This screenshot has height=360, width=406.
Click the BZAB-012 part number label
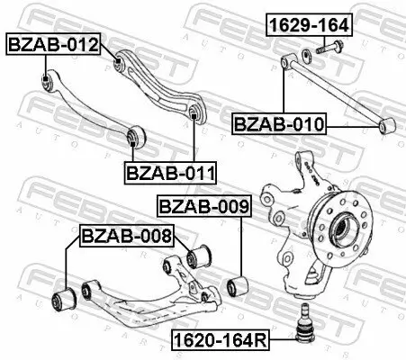[x=53, y=41]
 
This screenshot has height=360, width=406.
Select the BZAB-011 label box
[x=163, y=169]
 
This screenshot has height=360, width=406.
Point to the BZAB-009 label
[x=203, y=207]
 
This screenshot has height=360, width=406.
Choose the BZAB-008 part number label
[x=125, y=238]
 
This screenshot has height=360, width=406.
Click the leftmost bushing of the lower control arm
[x=65, y=298]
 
